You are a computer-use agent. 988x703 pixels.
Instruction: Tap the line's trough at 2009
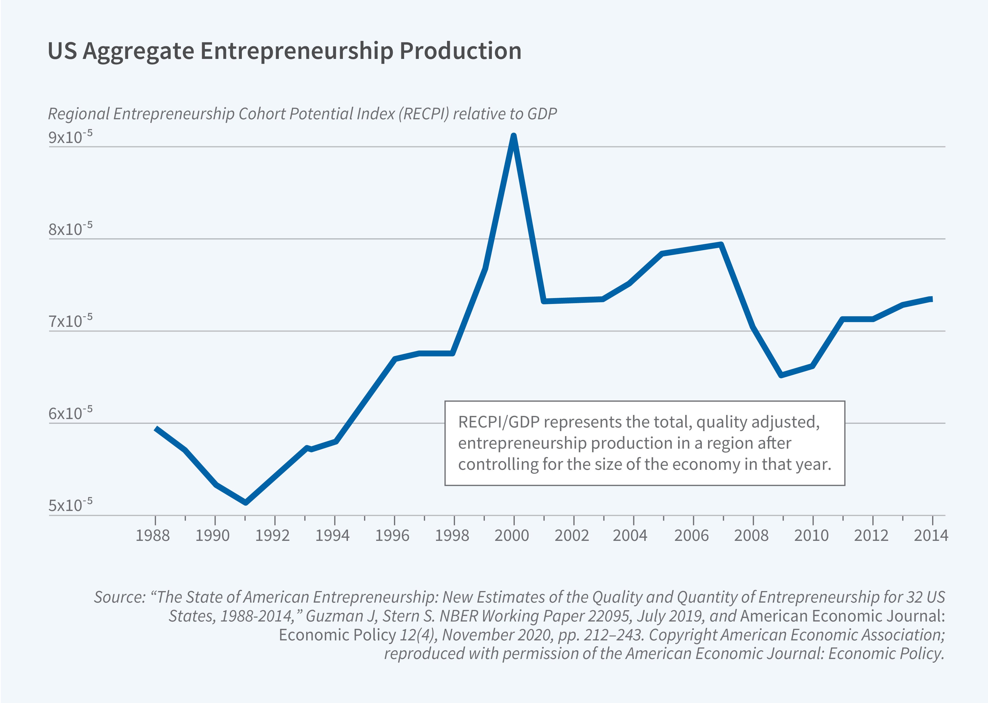tap(781, 375)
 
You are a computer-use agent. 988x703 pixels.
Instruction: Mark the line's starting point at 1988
tap(156, 429)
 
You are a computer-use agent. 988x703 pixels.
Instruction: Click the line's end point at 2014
tap(931, 299)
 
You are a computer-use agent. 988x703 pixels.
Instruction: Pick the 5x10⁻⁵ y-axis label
tap(70, 505)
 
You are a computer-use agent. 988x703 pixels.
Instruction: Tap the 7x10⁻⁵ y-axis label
tap(70, 321)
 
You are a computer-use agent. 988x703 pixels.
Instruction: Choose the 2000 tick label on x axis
tap(512, 536)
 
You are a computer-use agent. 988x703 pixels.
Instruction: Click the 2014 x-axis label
tap(931, 536)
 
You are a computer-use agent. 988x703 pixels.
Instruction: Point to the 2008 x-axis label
tap(751, 536)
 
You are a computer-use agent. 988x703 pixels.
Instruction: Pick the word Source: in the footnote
tap(120, 597)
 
